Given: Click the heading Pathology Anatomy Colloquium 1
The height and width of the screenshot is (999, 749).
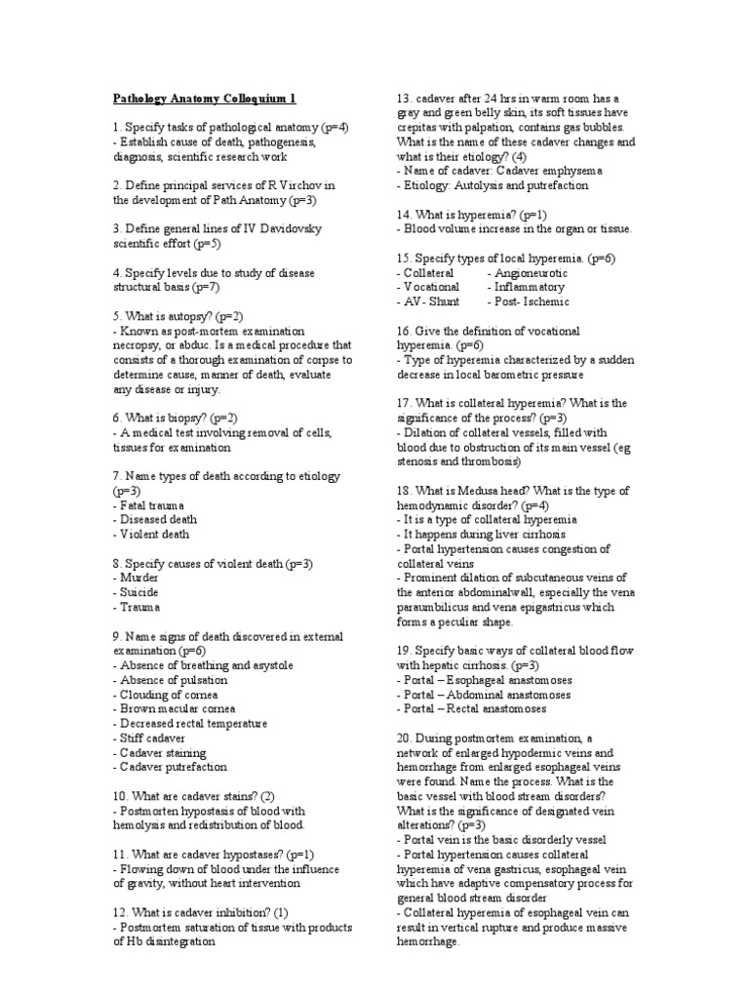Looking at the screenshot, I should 205,99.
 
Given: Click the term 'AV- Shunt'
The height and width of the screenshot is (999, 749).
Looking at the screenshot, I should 430,301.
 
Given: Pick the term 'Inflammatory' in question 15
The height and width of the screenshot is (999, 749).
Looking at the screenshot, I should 530,288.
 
